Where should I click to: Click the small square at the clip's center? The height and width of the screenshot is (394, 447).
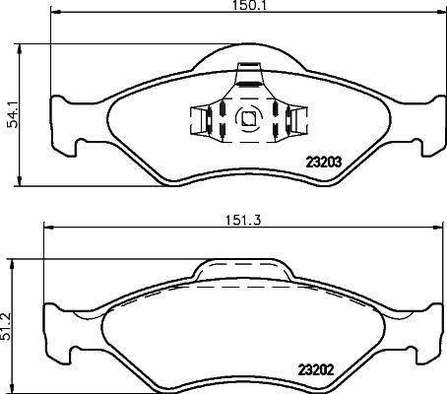point(249,121)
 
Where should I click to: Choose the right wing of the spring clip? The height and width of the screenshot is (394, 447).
point(297,122)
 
